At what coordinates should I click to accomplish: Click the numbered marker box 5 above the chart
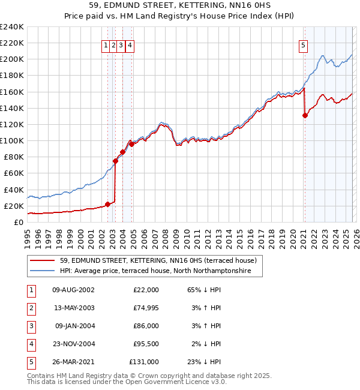[304, 44]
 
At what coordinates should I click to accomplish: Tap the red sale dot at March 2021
[305, 116]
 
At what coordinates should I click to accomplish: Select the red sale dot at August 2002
[108, 204]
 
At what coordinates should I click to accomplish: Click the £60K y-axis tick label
[14, 173]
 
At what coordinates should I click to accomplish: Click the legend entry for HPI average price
[160, 271]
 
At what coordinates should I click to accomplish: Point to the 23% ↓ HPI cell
[204, 362]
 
